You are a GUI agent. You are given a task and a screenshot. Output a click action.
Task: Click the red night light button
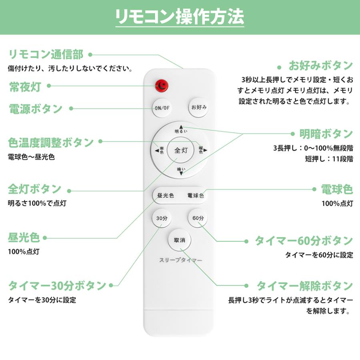(162, 85)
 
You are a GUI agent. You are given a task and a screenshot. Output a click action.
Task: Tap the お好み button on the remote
(199, 107)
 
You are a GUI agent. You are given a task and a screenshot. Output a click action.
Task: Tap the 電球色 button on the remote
(196, 196)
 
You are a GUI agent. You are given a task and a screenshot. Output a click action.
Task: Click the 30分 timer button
(162, 218)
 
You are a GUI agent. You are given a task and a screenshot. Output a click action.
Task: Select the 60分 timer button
(198, 218)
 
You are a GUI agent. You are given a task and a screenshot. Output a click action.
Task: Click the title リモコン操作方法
(180, 16)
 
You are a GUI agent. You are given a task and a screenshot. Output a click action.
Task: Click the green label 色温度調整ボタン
(51, 142)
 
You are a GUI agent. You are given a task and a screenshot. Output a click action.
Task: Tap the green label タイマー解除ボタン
(304, 286)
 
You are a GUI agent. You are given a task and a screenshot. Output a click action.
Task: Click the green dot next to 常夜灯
(49, 86)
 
